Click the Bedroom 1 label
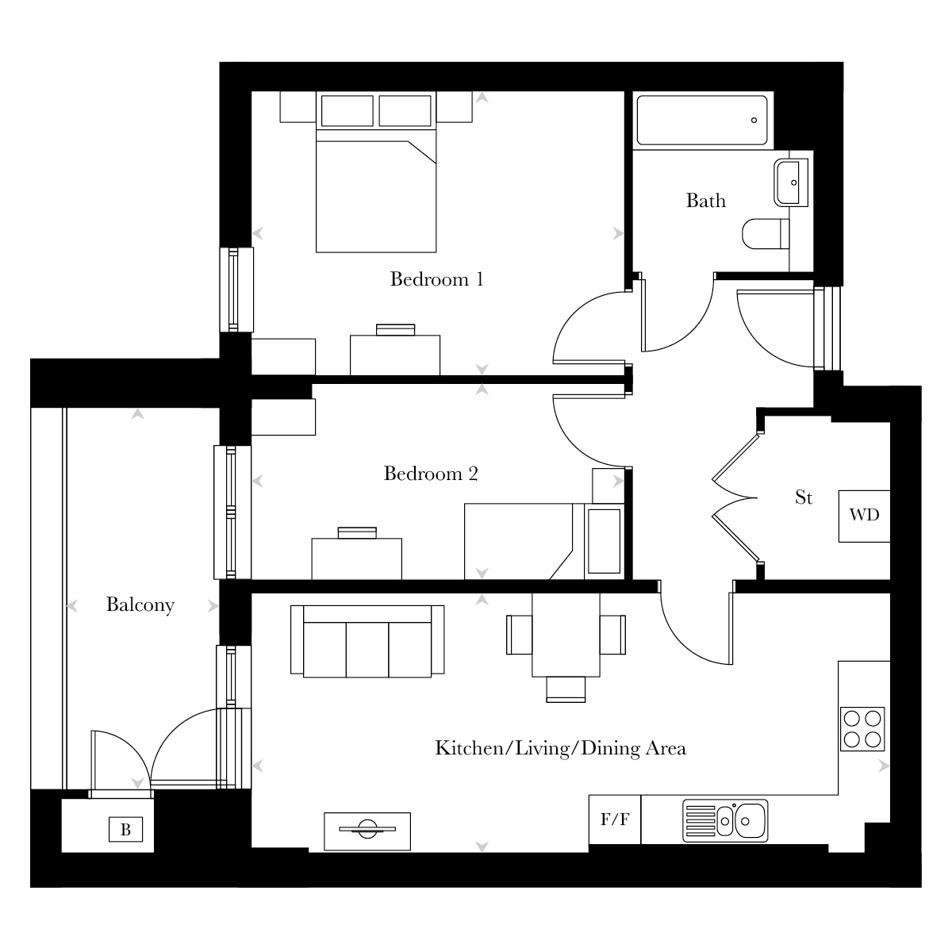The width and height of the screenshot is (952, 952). tap(436, 279)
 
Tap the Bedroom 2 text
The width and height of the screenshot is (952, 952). tap(431, 474)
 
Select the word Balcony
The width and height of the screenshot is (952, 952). tap(140, 605)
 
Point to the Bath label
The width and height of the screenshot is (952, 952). tap(706, 201)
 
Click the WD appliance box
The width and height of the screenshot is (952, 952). tap(864, 516)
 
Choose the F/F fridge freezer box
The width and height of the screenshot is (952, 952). tap(615, 820)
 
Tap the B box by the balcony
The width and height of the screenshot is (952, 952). tap(125, 830)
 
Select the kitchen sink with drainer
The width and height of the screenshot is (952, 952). tap(725, 820)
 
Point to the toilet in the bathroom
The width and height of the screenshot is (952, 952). tap(766, 234)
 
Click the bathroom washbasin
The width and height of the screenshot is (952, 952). tap(790, 182)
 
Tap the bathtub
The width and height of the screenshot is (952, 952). tap(702, 120)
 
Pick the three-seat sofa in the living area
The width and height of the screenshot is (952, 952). tap(367, 641)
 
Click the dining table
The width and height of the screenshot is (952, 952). tap(566, 635)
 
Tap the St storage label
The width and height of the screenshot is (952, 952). tap(804, 497)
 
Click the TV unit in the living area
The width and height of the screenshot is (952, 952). tap(367, 831)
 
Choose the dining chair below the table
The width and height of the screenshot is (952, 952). tap(566, 689)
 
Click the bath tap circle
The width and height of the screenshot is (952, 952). tap(754, 120)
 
